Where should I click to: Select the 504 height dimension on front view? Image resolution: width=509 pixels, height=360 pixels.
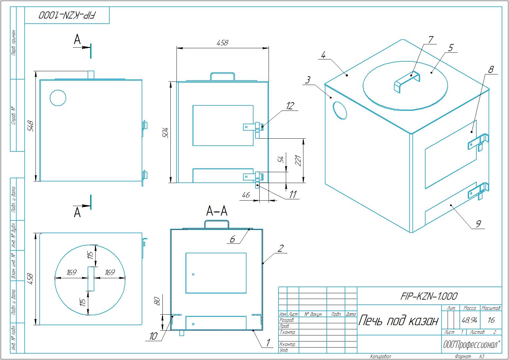click(165, 133)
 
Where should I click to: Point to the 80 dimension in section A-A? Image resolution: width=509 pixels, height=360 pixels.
click(157, 301)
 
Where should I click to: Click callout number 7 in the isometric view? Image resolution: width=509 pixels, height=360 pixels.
click(431, 40)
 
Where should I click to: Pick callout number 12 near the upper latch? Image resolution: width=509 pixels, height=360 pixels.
click(290, 106)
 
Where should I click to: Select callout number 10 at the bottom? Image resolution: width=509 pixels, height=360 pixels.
click(153, 336)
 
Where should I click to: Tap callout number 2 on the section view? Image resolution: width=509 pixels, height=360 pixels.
click(280, 248)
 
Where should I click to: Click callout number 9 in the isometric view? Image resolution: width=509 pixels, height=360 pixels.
click(478, 224)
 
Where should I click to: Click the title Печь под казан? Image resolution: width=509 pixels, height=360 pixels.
click(398, 320)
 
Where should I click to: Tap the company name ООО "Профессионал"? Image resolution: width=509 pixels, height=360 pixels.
click(471, 345)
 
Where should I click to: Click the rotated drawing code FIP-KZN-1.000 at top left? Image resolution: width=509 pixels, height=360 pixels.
click(67, 15)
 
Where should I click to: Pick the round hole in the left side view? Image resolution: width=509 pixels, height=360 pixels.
click(58, 97)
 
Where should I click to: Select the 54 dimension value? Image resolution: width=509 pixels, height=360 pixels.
click(281, 160)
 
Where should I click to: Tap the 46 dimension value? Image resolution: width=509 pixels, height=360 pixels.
click(246, 195)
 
